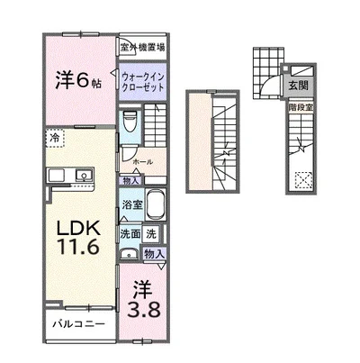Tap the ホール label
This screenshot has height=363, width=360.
pyautogui.click(x=141, y=161)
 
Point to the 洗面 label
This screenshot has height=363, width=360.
pyautogui.click(x=130, y=233)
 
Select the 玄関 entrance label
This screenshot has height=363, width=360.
pyautogui.click(x=296, y=86)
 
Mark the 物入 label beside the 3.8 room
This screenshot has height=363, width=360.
pyautogui.click(x=154, y=255)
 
